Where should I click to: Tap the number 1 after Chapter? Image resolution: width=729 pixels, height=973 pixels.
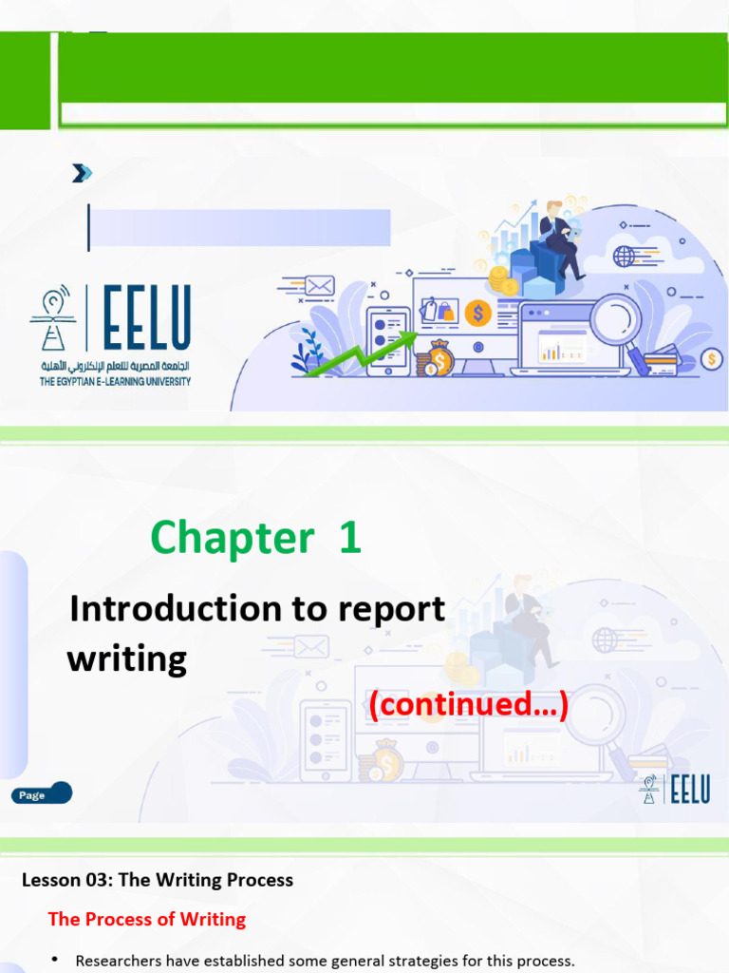[x=348, y=538]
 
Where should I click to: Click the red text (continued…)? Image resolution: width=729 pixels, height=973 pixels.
[x=468, y=705]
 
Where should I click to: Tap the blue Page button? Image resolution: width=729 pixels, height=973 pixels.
[x=42, y=794]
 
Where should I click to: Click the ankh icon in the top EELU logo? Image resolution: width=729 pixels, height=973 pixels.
[x=54, y=319]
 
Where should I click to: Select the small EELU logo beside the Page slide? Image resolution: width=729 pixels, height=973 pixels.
[x=675, y=790]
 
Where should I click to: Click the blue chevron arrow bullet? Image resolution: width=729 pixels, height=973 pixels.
[x=83, y=173]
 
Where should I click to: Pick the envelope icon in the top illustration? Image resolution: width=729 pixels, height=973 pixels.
[x=319, y=285]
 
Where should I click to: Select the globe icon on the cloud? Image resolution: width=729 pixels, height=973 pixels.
[x=624, y=256]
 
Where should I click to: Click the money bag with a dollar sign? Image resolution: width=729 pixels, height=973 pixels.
[x=439, y=358]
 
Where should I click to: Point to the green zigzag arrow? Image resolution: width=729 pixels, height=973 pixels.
[x=361, y=353]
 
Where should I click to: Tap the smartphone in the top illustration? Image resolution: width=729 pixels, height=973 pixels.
[x=387, y=339]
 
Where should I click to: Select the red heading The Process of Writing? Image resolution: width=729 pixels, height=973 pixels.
[x=147, y=919]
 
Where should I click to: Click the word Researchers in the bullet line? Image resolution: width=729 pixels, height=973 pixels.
[x=121, y=961]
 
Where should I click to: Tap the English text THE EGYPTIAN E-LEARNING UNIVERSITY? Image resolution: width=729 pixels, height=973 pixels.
[x=115, y=382]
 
